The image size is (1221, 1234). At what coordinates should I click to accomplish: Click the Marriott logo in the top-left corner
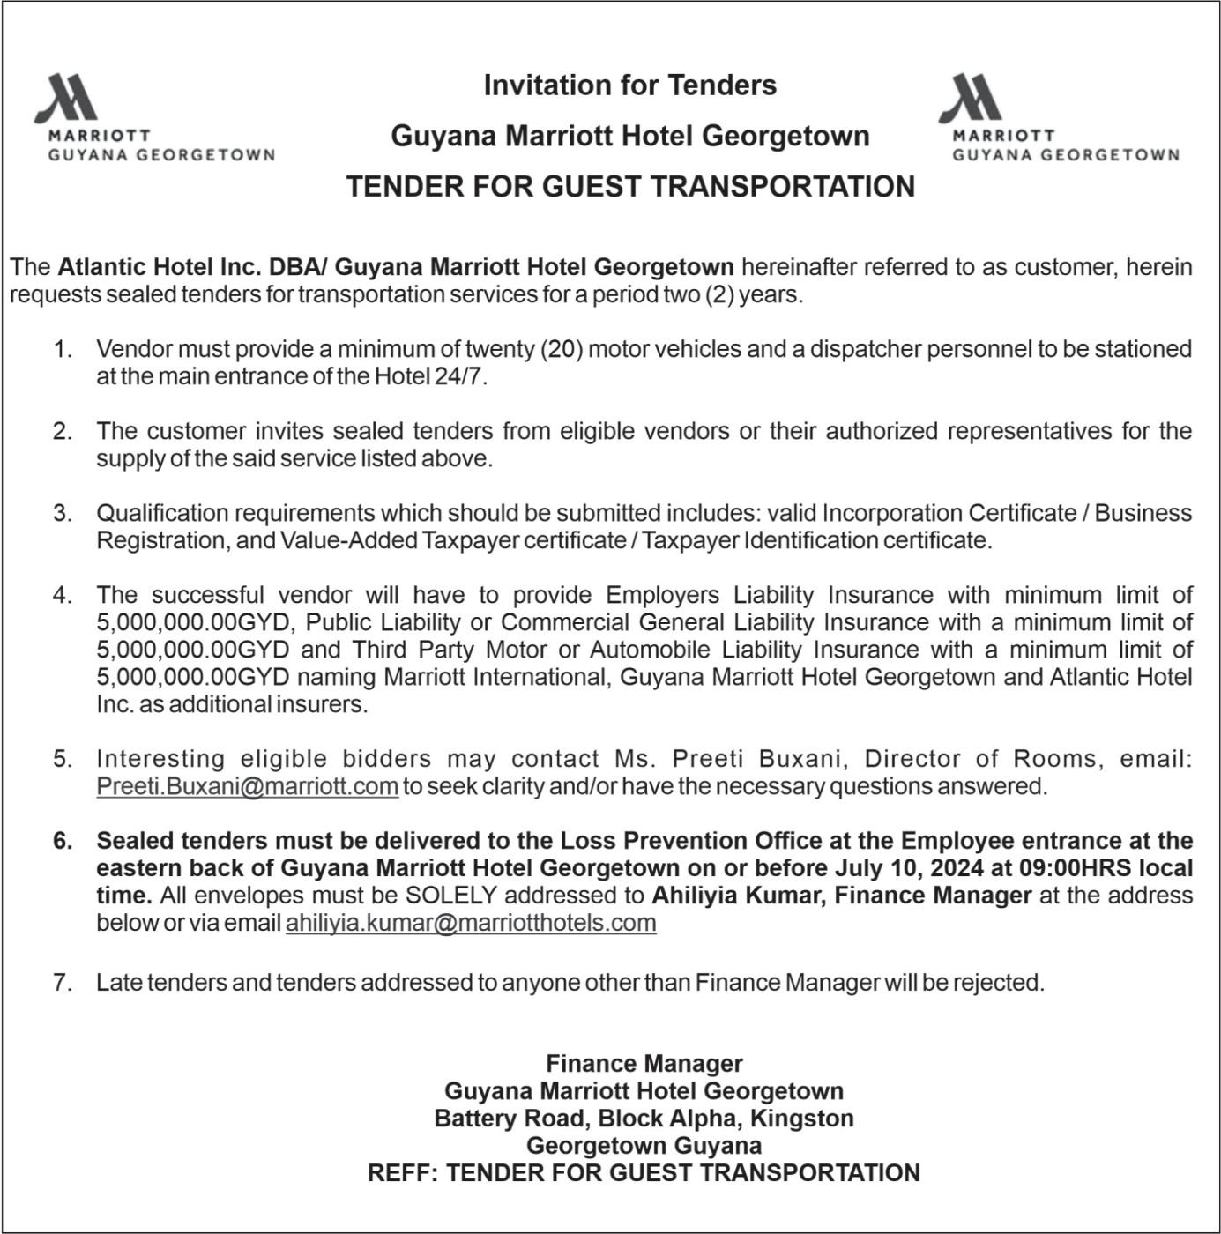pos(154,117)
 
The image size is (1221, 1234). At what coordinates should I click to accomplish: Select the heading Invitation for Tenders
pos(629,85)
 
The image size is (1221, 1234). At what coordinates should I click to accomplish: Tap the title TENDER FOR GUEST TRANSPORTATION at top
pos(629,187)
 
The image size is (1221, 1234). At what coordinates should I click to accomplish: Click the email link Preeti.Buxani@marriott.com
pos(247,786)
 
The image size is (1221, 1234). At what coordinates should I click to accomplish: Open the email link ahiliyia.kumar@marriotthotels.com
pos(471,923)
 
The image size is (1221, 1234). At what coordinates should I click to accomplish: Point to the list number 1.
pos(62,349)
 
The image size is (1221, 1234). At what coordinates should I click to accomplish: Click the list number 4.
pos(62,595)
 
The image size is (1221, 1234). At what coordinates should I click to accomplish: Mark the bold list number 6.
pos(62,841)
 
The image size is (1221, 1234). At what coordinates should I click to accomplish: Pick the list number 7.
pos(62,982)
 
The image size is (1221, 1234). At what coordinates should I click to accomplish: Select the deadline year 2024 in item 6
pos(957,868)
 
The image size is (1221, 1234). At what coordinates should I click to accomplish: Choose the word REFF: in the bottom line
pos(402,1173)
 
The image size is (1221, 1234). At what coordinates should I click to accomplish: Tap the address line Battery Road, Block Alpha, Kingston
pos(644,1119)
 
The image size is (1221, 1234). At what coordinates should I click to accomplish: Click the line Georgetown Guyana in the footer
pos(644,1146)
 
